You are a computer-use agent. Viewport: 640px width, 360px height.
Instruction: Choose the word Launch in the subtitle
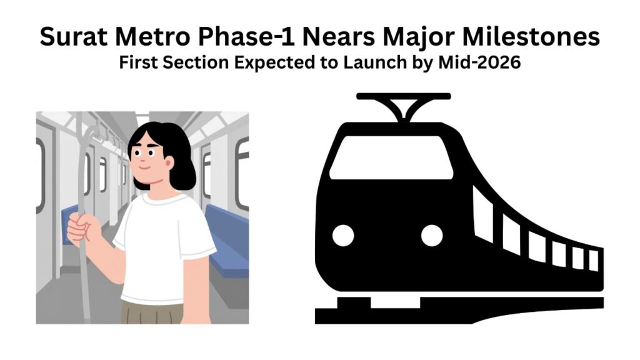382,64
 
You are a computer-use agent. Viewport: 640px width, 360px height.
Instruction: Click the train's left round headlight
342,235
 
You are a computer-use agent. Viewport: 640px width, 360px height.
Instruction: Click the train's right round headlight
431,235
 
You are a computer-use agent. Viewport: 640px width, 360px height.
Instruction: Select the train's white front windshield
391,157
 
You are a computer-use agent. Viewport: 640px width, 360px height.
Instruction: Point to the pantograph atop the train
403,106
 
